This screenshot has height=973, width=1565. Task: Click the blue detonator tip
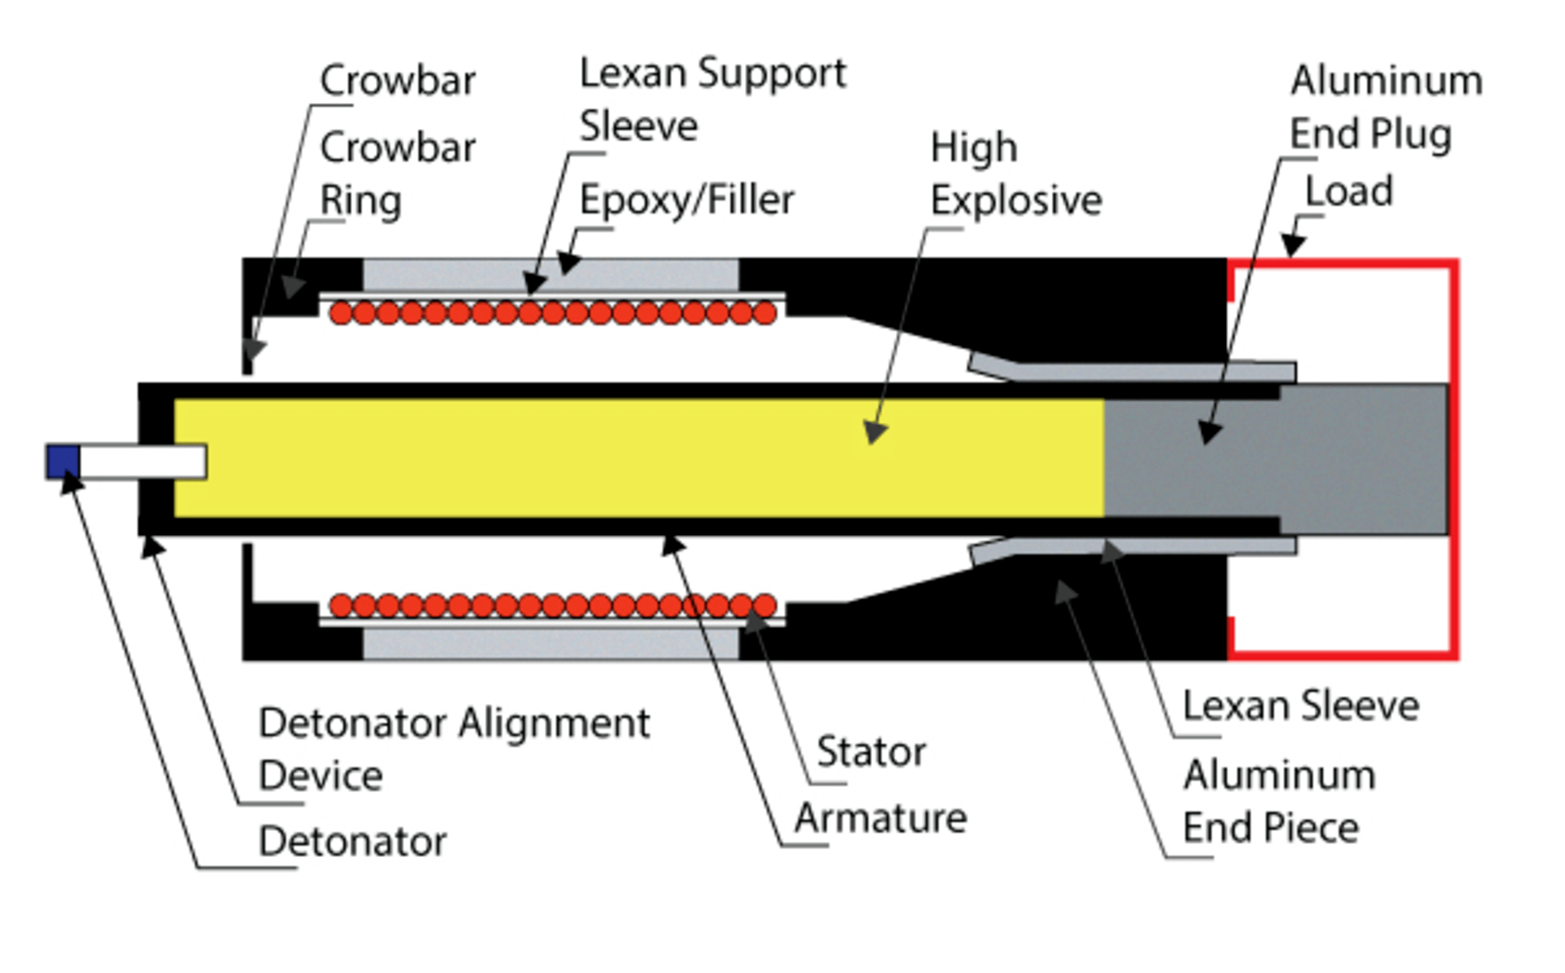63,461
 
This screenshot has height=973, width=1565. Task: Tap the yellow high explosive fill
571,458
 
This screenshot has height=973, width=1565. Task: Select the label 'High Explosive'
1016,175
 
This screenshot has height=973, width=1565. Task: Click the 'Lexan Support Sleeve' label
712,100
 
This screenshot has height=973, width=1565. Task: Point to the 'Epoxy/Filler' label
686,201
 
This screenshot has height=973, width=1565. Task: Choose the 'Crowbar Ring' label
397,175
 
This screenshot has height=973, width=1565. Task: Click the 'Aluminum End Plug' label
1386,108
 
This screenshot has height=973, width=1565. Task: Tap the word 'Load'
1349,192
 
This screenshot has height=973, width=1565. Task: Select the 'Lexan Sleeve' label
1301,706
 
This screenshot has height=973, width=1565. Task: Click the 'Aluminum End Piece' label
1278,802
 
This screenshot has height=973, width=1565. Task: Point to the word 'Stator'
871,752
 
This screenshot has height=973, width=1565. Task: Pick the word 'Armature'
880,818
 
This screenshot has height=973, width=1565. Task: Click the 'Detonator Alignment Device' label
453,749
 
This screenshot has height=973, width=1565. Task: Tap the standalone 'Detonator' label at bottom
352,842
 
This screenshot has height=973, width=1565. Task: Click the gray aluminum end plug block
1272,458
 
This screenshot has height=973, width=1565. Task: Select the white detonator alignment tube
142,462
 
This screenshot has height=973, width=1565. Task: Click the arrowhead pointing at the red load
1292,245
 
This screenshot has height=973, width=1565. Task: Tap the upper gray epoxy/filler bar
550,275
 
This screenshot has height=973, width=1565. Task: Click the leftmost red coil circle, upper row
342,313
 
